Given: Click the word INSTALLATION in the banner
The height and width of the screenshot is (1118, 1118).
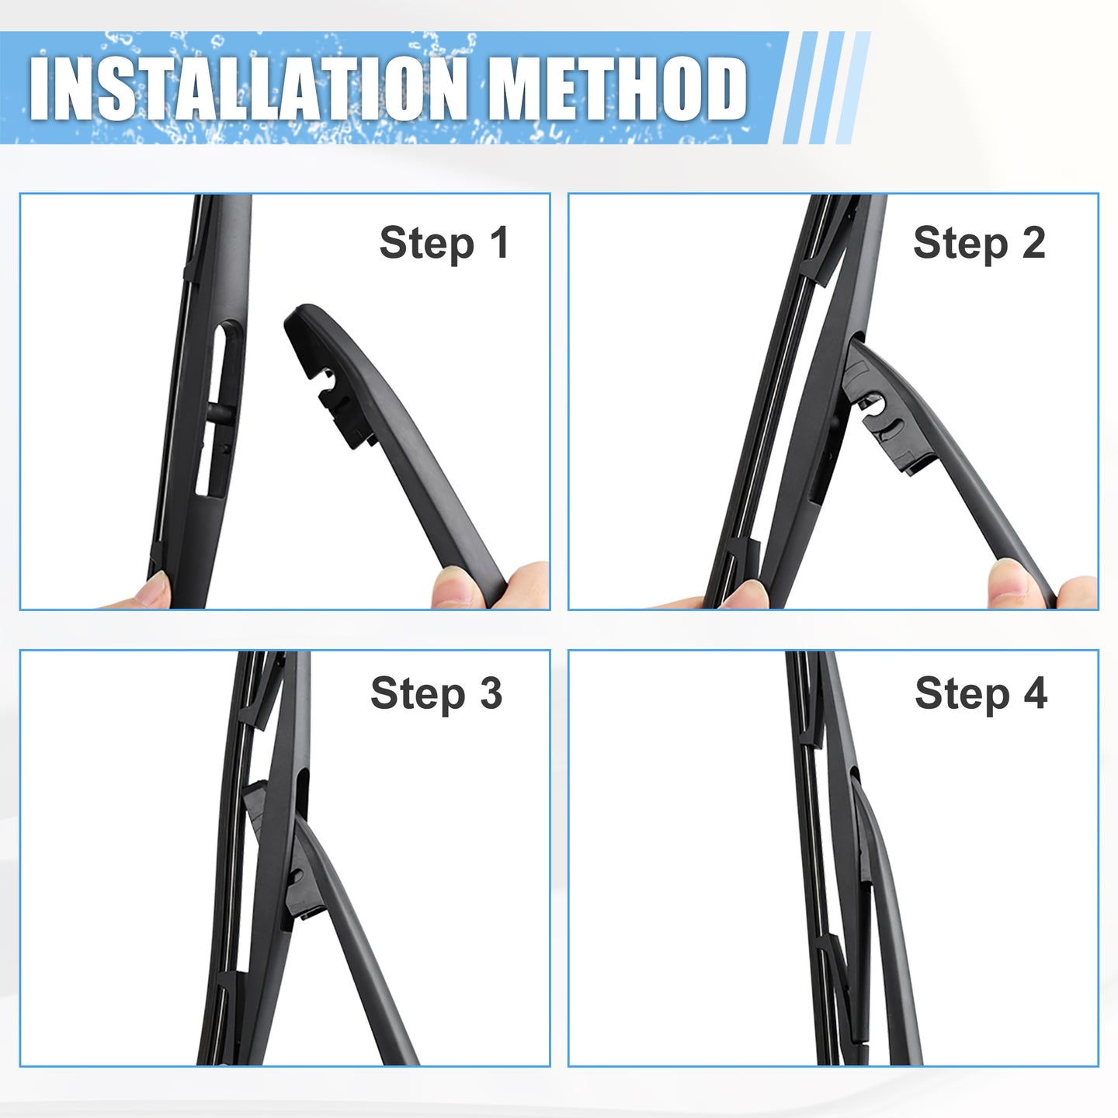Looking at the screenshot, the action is click(x=248, y=89).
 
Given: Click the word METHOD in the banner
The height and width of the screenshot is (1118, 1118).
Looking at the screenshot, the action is click(x=616, y=89).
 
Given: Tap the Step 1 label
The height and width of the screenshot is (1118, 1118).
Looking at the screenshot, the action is click(x=444, y=243).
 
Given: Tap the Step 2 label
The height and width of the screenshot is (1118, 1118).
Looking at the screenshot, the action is click(x=979, y=243).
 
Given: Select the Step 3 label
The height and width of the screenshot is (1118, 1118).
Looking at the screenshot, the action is click(x=436, y=693).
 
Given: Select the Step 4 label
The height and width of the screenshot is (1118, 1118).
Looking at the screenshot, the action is click(x=981, y=693).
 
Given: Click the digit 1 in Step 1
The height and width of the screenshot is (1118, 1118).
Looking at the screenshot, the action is click(x=499, y=242).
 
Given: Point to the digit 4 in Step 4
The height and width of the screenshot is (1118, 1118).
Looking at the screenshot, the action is click(x=1036, y=692).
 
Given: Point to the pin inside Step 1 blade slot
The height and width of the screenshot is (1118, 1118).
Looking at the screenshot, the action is click(x=220, y=412).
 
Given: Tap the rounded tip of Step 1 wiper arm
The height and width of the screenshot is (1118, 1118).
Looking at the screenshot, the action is click(x=302, y=317).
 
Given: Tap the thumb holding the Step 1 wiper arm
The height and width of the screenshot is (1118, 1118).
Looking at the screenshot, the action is click(x=456, y=587).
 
